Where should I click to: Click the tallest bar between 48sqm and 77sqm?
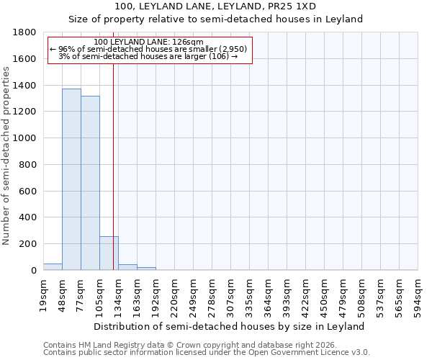click(x=71, y=179)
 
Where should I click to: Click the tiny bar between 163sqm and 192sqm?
click(x=146, y=269)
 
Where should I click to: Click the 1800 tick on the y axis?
click(x=27, y=32)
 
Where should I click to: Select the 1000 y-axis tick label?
click(x=27, y=138)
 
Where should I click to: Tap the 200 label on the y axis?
click(x=30, y=244)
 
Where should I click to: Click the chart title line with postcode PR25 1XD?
click(x=215, y=6)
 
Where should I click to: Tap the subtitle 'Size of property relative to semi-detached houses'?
click(x=215, y=19)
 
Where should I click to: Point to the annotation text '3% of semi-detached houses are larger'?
click(x=148, y=56)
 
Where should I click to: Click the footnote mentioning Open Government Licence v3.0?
click(x=207, y=353)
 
